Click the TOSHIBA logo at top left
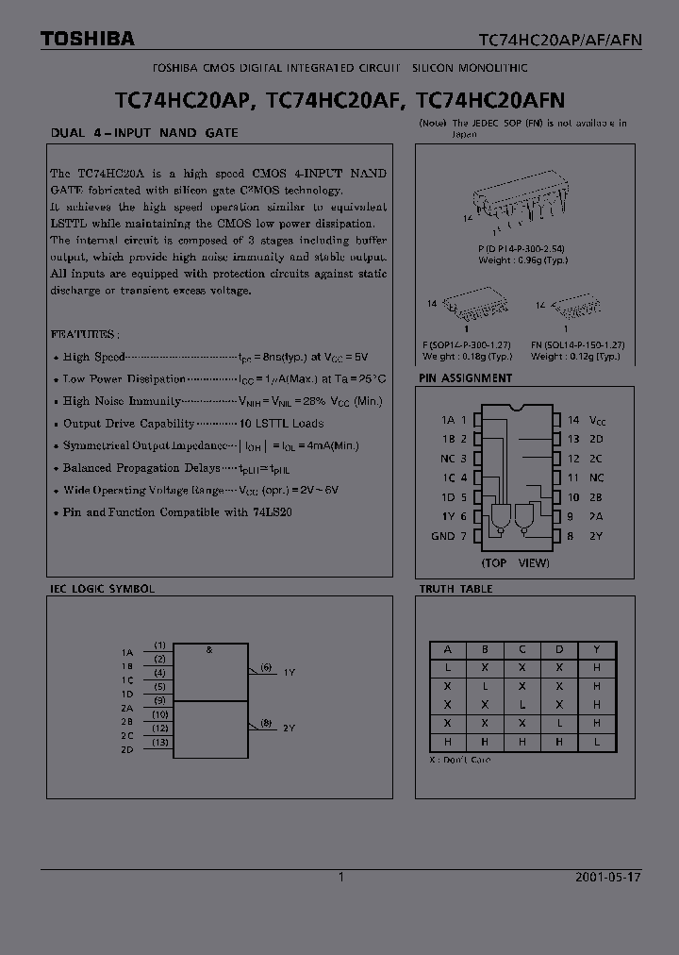click(x=87, y=39)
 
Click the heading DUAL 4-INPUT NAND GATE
click(x=143, y=133)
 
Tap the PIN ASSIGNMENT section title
click(x=465, y=378)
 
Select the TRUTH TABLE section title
click(x=455, y=589)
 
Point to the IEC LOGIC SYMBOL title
click(x=102, y=589)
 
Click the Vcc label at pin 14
click(x=597, y=420)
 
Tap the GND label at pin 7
click(x=443, y=536)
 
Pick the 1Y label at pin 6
click(x=449, y=516)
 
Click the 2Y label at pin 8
click(x=597, y=536)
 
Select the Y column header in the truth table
click(x=596, y=649)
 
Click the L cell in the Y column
click(x=596, y=741)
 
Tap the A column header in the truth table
click(x=448, y=649)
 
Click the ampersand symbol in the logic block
click(x=208, y=649)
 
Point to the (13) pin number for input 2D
click(x=160, y=743)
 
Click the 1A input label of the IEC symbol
click(x=127, y=652)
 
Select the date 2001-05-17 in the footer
click(x=607, y=877)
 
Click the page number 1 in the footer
click(x=340, y=877)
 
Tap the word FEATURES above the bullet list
click(x=84, y=334)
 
